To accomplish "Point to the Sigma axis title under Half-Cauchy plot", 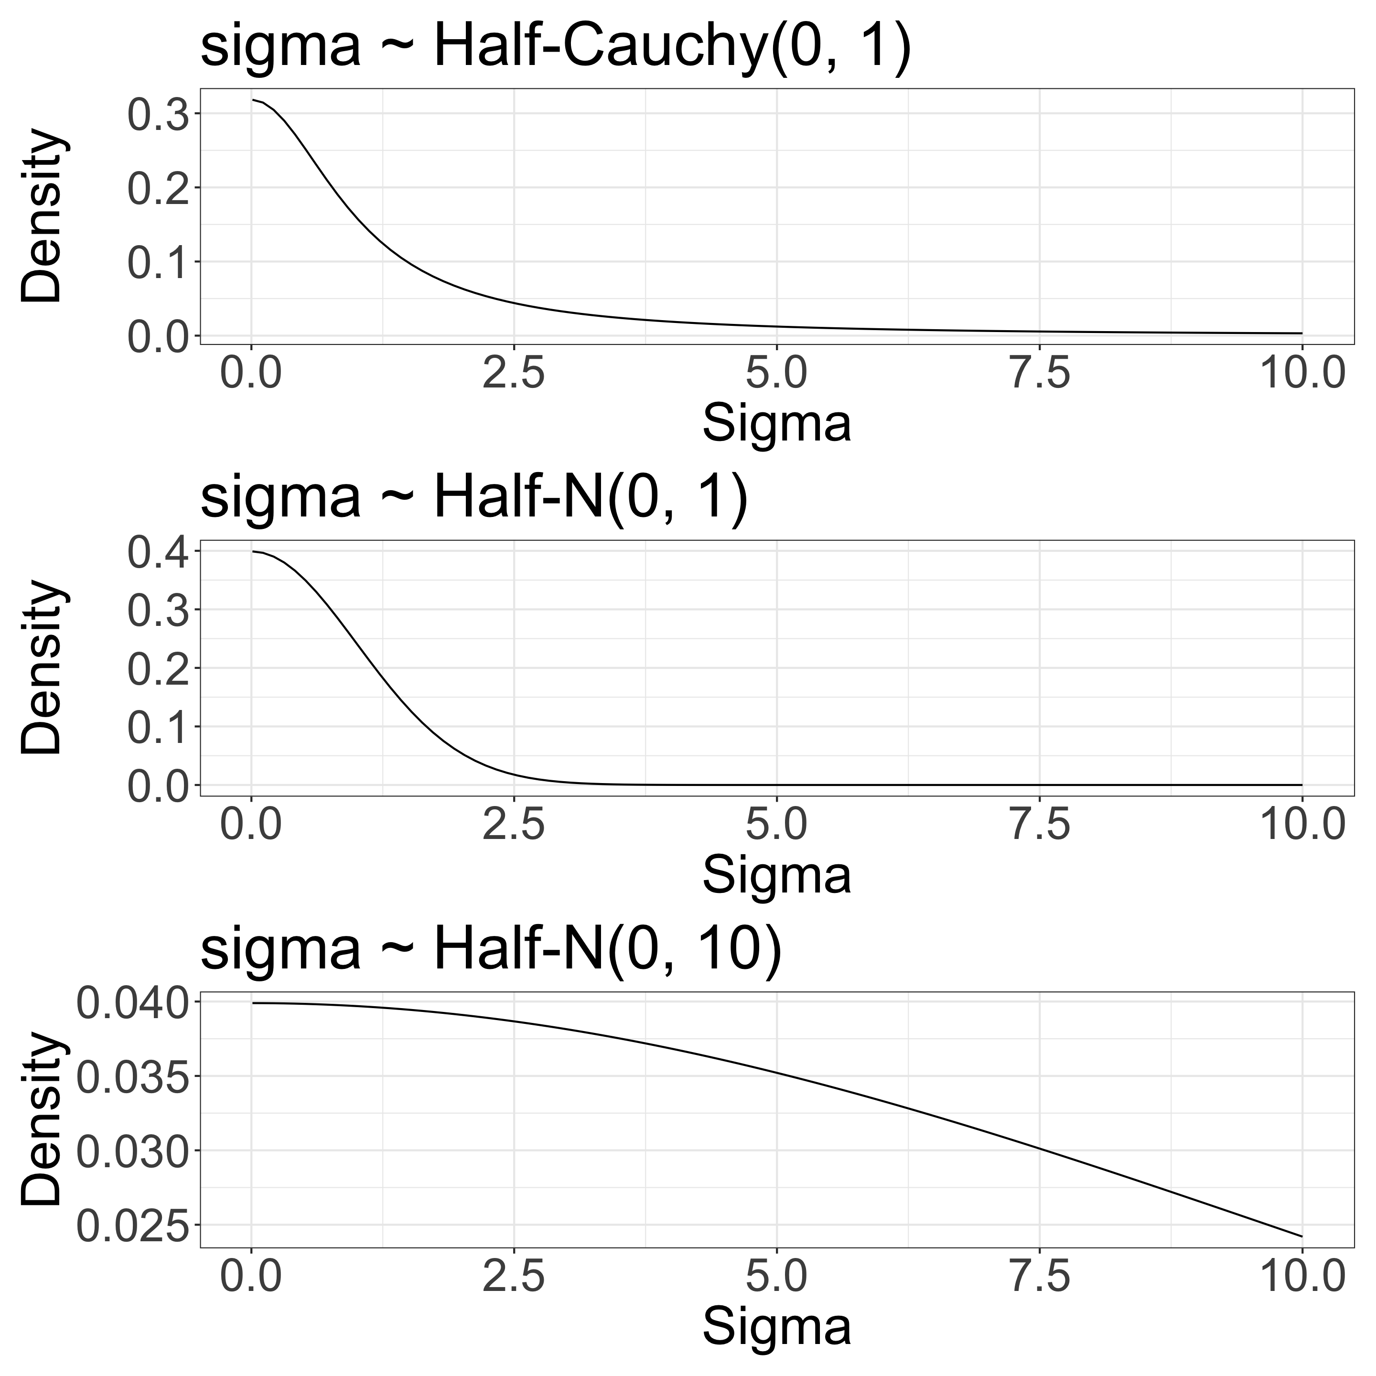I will [777, 424].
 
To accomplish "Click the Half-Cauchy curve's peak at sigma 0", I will [253, 100].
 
